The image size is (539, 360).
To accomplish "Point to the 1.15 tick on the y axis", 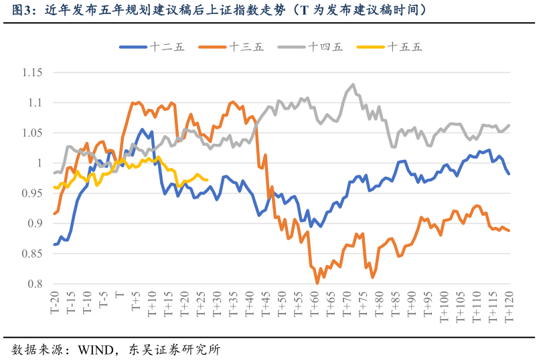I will (x=31, y=72).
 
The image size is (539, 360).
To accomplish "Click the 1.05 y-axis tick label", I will (x=31, y=132).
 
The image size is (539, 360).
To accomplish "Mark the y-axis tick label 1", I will (x=39, y=163).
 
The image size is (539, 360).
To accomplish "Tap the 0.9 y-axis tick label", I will (x=34, y=223).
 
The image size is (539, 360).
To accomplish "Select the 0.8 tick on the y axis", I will (x=34, y=284).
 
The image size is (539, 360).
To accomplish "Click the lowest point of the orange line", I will (x=317, y=284).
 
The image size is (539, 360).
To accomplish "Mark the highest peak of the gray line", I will (x=353, y=84).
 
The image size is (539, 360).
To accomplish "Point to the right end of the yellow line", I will (x=207, y=179).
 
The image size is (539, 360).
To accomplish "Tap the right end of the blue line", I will (x=510, y=174).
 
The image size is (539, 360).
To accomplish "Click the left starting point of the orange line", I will (x=54, y=214).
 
